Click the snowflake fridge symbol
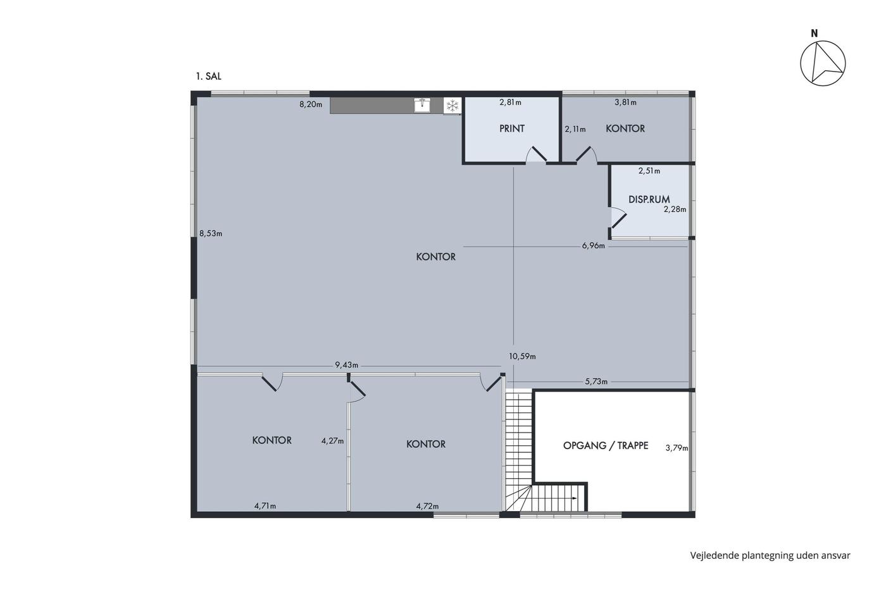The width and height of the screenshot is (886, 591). coord(452,106)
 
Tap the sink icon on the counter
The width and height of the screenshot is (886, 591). coord(423,105)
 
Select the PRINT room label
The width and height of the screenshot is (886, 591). coord(512,129)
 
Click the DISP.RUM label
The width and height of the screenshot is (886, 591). coord(649,200)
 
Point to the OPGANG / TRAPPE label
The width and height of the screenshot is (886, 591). coord(606,446)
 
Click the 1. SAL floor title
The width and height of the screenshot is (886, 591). coord(208,77)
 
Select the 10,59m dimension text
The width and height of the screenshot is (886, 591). coord(522,357)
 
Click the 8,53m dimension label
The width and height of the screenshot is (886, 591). coord(210,234)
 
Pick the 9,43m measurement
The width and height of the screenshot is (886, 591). coord(347,365)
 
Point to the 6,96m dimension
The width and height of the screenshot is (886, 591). coord(594,246)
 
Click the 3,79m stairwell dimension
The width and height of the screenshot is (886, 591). coord(677,448)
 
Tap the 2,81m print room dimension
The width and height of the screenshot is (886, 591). coord(510,103)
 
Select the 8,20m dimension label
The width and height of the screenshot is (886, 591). coord(311,105)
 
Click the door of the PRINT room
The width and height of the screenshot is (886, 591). coord(537,155)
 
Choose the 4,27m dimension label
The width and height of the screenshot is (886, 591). coord(332,441)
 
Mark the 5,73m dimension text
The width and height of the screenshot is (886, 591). coord(596,381)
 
